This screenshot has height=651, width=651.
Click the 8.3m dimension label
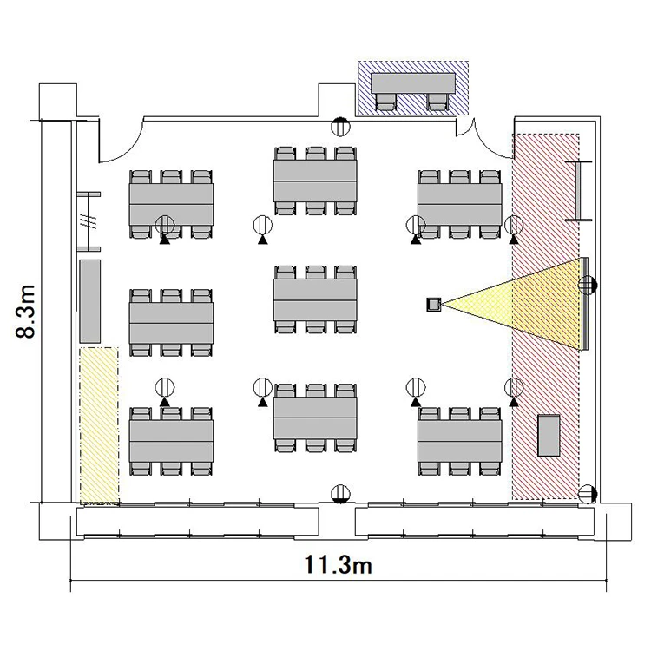pyautogui.click(x=26, y=312)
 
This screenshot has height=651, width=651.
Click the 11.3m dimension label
pyautogui.click(x=338, y=565)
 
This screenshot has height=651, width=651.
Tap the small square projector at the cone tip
pyautogui.click(x=434, y=305)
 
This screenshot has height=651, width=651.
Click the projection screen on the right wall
pyautogui.click(x=584, y=304)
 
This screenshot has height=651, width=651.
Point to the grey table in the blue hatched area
pyautogui.click(x=413, y=83)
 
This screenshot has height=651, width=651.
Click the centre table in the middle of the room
pyautogui.click(x=315, y=299)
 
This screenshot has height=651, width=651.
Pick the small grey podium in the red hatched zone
pyautogui.click(x=549, y=436)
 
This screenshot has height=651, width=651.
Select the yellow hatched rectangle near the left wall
pyautogui.click(x=99, y=426)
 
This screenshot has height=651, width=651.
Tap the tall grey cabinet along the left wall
pyautogui.click(x=89, y=301)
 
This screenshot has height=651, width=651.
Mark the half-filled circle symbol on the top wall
pyautogui.click(x=340, y=126)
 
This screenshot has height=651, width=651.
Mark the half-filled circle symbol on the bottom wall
pyautogui.click(x=340, y=494)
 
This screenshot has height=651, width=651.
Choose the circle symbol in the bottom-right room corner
pyautogui.click(x=588, y=494)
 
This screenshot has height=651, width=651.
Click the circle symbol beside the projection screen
pyautogui.click(x=588, y=286)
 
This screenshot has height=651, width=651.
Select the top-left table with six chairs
pyautogui.click(x=171, y=204)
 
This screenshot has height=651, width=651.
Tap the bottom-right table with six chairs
pyautogui.click(x=459, y=441)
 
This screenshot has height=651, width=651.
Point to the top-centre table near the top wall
pyautogui.click(x=315, y=181)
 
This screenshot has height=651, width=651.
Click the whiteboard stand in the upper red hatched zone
pyautogui.click(x=578, y=191)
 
